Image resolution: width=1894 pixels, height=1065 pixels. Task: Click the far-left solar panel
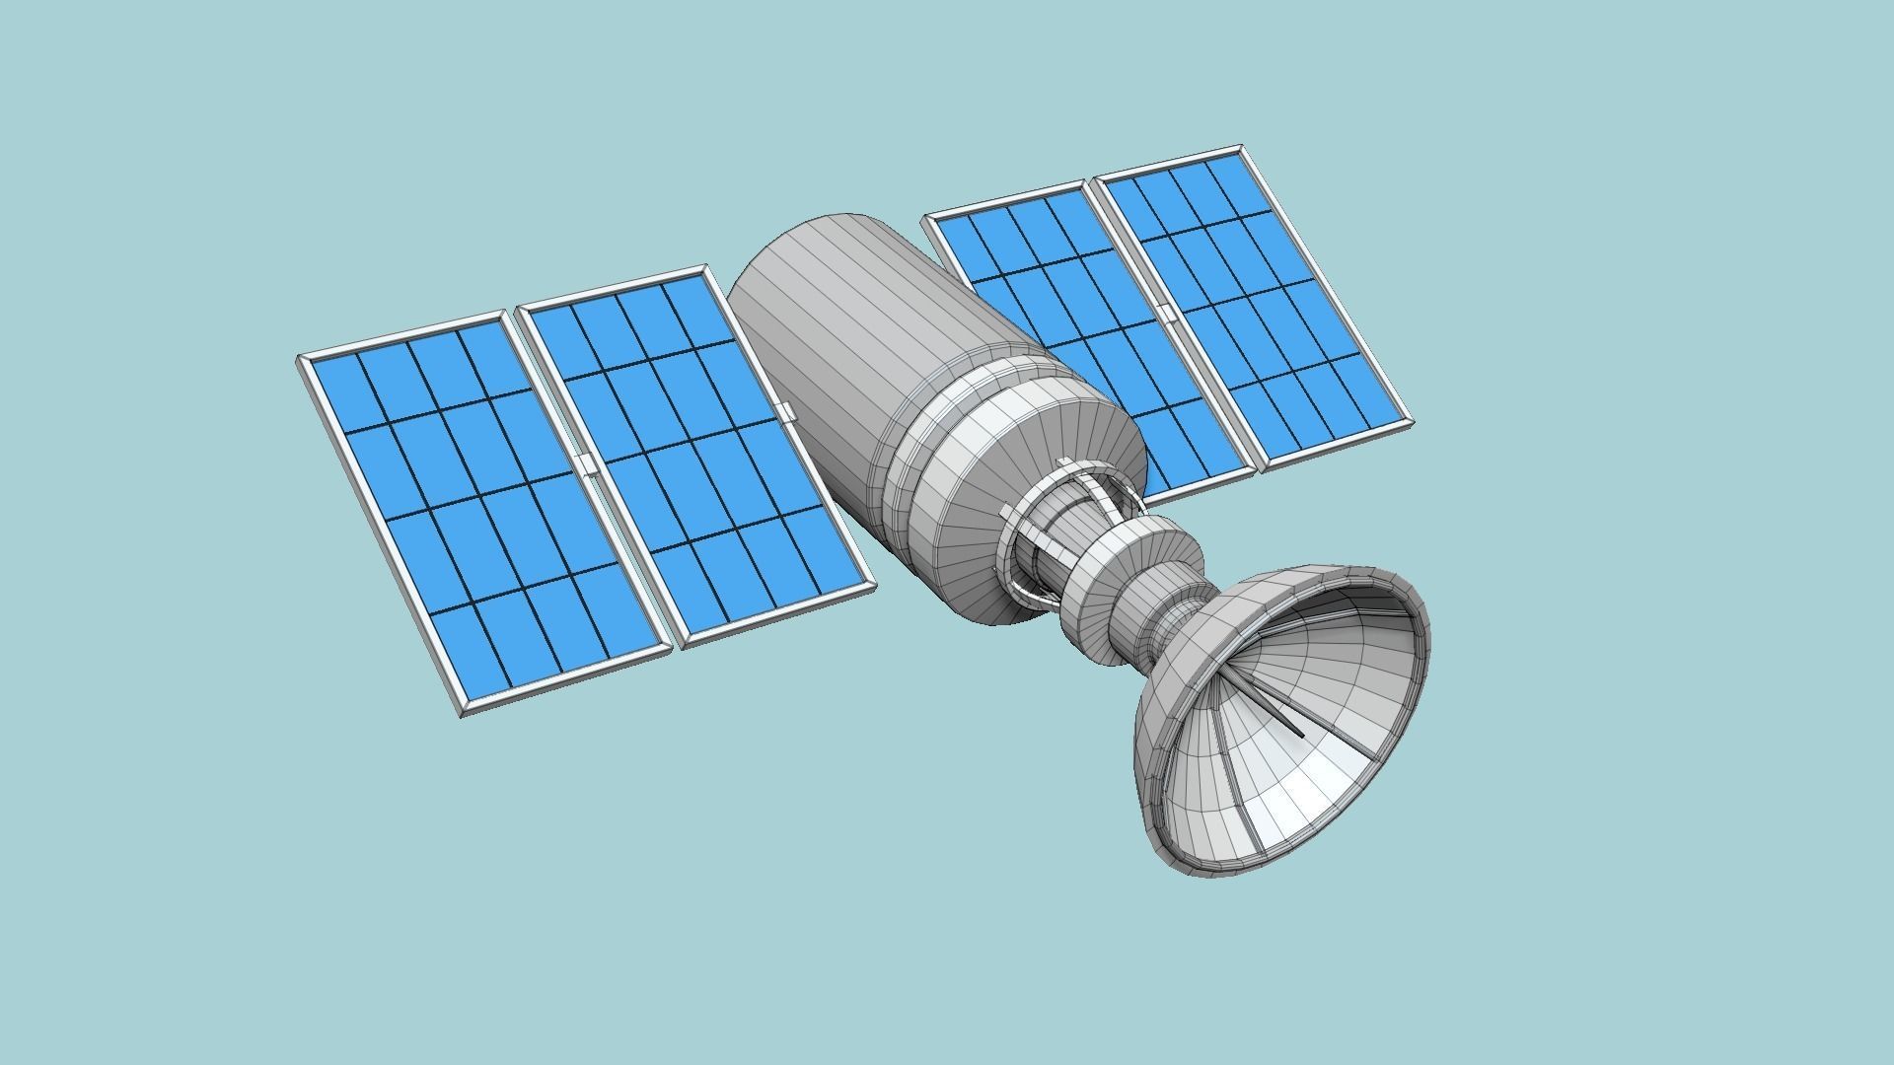pos(483,513)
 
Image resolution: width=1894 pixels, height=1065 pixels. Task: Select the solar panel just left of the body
pos(695,454)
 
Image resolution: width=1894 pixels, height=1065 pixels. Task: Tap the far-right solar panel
pos(1253,306)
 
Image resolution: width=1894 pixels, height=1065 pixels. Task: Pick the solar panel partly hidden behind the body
pos(1075,325)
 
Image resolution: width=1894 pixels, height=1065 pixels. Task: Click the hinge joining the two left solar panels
pos(588,465)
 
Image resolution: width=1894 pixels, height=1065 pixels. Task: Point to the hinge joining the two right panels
pos(1167,314)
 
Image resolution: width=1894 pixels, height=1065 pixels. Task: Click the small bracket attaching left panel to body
pos(786,412)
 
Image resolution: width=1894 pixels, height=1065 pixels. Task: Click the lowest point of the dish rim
pos(1199,875)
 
